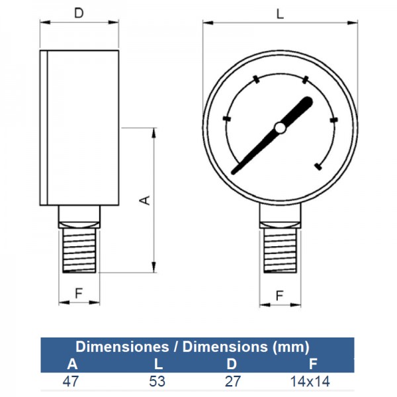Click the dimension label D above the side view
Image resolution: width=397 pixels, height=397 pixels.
(79, 13)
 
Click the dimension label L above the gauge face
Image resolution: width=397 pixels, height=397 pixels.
(280, 14)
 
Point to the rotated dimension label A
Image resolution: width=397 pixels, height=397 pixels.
(145, 200)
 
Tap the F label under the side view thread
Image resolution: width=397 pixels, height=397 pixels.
(79, 293)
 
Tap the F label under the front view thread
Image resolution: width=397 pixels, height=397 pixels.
(279, 296)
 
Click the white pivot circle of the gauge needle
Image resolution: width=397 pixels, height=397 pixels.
(281, 128)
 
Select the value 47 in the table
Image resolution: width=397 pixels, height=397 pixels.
(71, 381)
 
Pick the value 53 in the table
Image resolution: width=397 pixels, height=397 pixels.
(157, 381)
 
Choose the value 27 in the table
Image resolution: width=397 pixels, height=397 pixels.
(233, 381)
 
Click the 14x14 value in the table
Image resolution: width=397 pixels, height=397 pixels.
(310, 381)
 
